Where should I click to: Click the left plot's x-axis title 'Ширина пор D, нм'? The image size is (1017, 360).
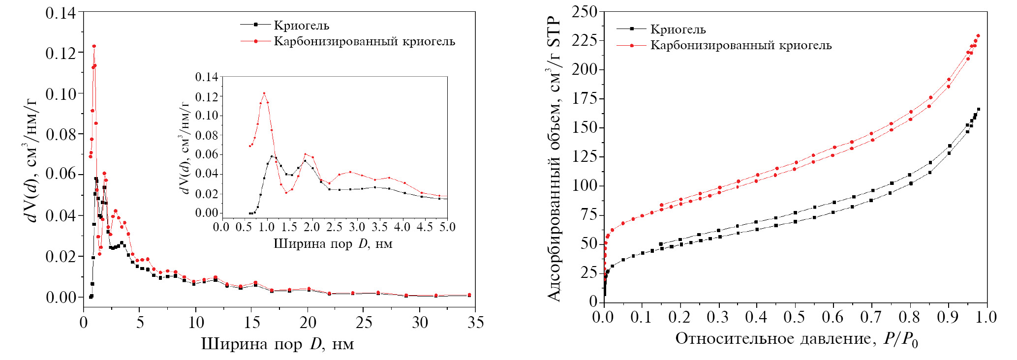(278, 343)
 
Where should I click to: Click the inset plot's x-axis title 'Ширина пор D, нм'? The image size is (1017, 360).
(333, 243)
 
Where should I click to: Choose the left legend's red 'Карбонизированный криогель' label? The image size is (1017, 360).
(365, 41)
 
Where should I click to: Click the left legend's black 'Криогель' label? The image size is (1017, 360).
(301, 26)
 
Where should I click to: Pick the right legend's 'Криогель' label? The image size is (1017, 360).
(678, 30)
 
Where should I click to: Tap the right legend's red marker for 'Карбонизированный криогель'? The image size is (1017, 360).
(631, 46)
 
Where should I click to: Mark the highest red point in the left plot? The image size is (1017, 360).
(93, 46)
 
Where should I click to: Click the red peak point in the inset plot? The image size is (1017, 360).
(264, 93)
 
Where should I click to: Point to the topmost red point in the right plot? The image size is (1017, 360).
(978, 36)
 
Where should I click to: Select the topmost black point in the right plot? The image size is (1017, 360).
(978, 109)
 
